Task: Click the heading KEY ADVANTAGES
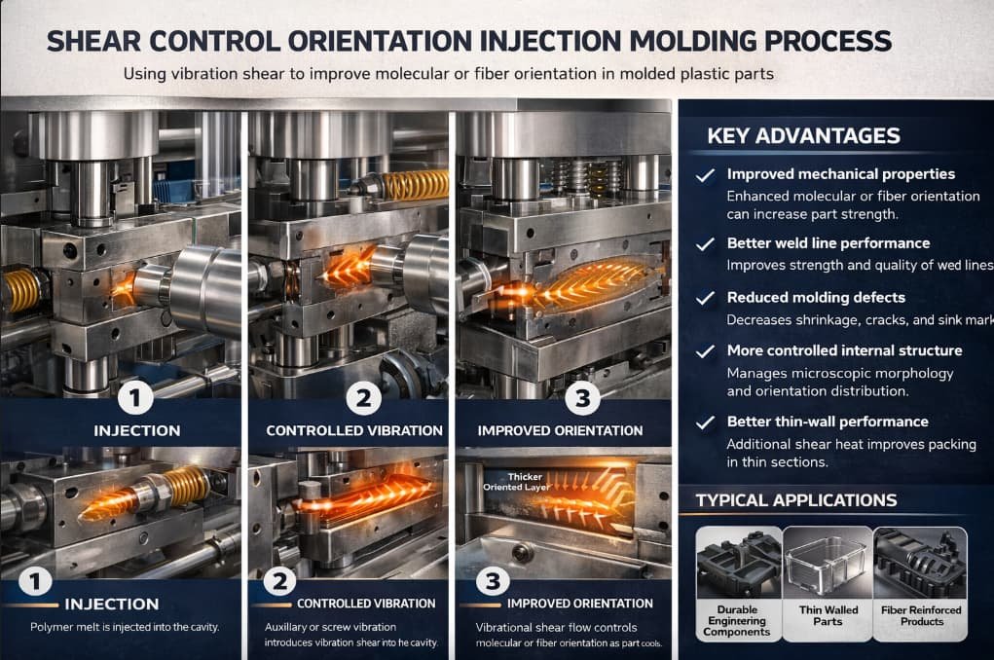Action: (803, 135)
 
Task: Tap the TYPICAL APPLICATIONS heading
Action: (796, 500)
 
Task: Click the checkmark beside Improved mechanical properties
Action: (705, 175)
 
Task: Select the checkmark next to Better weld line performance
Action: (705, 244)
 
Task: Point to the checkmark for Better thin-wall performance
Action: (705, 422)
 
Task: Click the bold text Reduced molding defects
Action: (816, 297)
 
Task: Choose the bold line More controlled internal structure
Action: (844, 350)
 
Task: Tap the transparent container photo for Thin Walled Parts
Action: (828, 564)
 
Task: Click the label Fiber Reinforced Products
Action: (921, 615)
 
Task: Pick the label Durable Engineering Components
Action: (737, 621)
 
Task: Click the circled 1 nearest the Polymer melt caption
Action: (35, 581)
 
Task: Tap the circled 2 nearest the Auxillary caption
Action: (279, 581)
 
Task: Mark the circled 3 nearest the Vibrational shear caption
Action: (493, 581)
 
